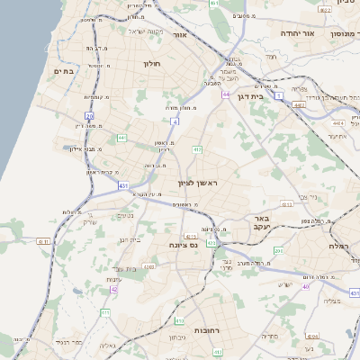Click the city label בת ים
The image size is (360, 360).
63,69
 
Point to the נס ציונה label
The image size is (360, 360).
184,244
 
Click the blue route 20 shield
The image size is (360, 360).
89,115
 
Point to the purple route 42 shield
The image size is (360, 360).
113,290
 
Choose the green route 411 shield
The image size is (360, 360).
104,311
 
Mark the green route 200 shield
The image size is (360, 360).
278,251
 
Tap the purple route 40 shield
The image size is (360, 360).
306,286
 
